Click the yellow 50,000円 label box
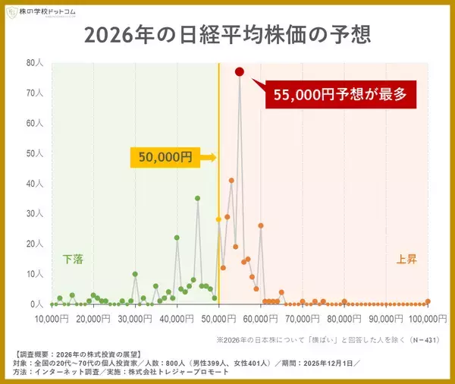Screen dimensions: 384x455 coord(165,157)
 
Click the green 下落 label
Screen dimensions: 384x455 coord(73,259)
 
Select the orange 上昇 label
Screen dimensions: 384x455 coord(407,259)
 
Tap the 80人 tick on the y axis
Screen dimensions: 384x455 coord(34,63)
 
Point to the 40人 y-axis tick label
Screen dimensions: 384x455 coord(34,184)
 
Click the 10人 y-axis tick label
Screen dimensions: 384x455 coord(34,274)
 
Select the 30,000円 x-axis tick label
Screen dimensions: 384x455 coord(134,318)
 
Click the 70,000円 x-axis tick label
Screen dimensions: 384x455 coord(302,318)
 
